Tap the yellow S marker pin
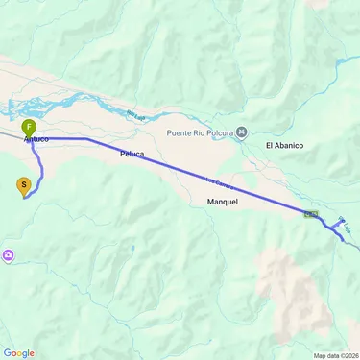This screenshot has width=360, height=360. [24, 184]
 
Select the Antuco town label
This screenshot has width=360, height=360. [36, 140]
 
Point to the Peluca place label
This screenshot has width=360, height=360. [132, 153]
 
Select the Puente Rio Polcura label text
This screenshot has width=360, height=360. [200, 132]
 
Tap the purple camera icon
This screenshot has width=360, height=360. [9, 254]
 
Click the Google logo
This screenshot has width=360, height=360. [18, 352]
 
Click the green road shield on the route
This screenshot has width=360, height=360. [310, 214]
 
